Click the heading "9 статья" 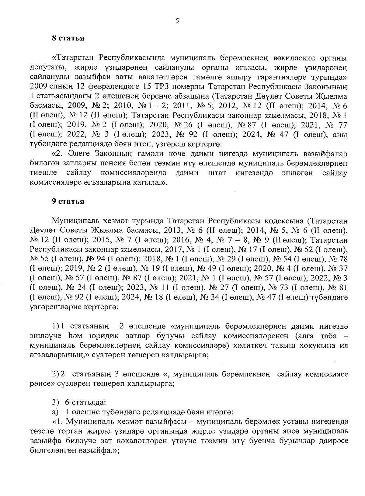(68, 202)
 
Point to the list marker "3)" (55, 402)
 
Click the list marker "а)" (55, 412)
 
